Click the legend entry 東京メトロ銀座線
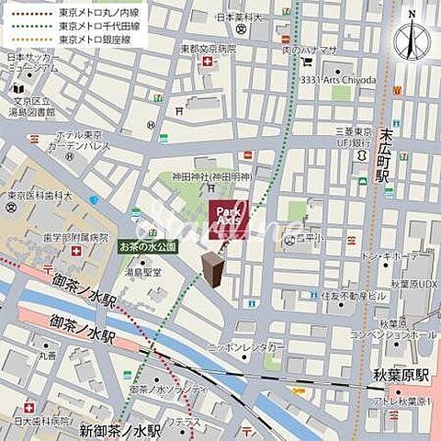click(x=96, y=40)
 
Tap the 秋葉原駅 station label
click(x=403, y=377)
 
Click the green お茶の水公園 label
click(x=147, y=247)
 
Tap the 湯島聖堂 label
click(x=144, y=272)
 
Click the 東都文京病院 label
click(x=208, y=49)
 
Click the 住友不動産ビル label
click(x=353, y=296)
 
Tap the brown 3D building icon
click(x=213, y=271)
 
